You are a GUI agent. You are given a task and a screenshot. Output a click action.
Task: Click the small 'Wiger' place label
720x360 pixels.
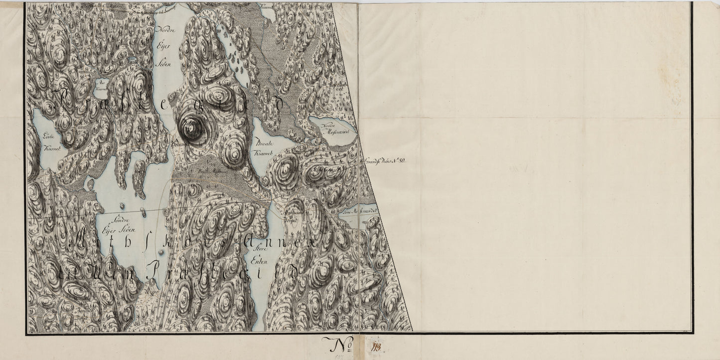coord(151,292)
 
